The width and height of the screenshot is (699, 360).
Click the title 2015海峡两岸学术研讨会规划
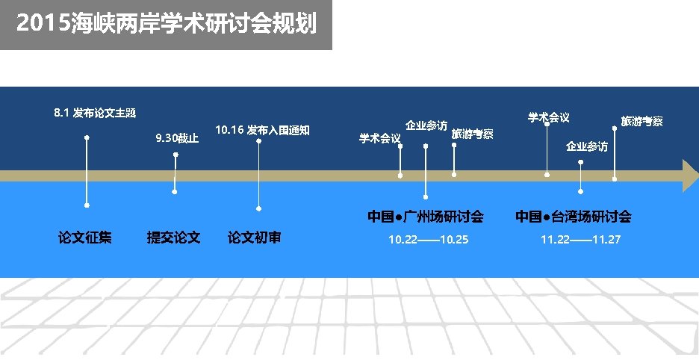pyautogui.click(x=165, y=25)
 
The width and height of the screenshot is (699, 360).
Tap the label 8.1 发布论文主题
pyautogui.click(x=95, y=114)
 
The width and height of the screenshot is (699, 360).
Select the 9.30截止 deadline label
pyautogui.click(x=177, y=138)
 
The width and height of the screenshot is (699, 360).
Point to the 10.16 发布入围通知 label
pyautogui.click(x=261, y=130)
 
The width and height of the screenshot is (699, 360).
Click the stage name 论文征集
pyautogui.click(x=85, y=238)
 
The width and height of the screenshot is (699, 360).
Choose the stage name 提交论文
pyautogui.click(x=174, y=238)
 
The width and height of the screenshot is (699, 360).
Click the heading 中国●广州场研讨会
pyautogui.click(x=425, y=217)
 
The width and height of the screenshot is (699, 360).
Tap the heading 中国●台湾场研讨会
pyautogui.click(x=573, y=217)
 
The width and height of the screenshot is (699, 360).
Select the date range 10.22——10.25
pyautogui.click(x=428, y=240)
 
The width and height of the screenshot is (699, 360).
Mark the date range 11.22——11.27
pyautogui.click(x=580, y=240)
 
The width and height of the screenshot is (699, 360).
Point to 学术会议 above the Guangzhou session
pyautogui.click(x=379, y=138)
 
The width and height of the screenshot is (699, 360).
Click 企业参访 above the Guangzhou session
pyautogui.click(x=426, y=125)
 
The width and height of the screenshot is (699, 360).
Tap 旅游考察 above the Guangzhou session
pyautogui.click(x=472, y=134)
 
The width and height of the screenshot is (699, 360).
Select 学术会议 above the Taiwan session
pyautogui.click(x=548, y=117)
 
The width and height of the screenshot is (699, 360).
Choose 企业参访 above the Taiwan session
pyautogui.click(x=586, y=146)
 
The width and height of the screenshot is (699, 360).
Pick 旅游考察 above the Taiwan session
pyautogui.click(x=641, y=121)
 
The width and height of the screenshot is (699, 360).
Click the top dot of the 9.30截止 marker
pyautogui.click(x=175, y=155)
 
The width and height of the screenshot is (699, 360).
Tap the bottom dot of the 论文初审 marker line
pyautogui.click(x=258, y=208)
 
